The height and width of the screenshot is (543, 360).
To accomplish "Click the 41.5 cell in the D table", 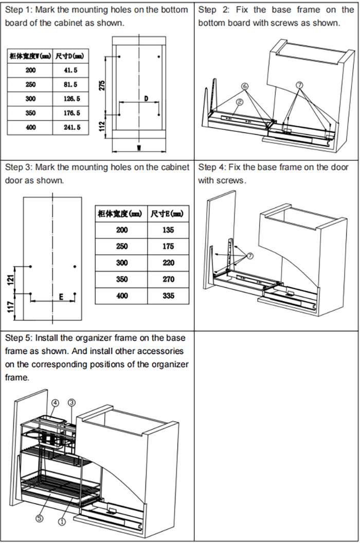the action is (70, 71).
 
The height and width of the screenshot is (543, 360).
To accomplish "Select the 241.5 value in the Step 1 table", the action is (72, 128).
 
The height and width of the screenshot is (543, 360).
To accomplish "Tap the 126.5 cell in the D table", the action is (71, 99).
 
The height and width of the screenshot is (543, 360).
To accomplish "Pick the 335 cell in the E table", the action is (168, 296).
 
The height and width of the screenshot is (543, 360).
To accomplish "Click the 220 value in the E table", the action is (168, 263).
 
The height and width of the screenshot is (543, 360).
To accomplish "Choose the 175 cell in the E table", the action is (168, 246).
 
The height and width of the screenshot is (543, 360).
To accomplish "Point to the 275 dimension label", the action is (102, 85).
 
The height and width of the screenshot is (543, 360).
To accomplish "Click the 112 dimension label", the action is (102, 126).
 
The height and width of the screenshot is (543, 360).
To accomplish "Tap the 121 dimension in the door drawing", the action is (11, 279).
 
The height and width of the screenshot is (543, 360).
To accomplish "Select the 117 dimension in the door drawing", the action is (11, 307).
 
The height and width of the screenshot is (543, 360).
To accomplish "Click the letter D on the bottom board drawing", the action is (146, 99).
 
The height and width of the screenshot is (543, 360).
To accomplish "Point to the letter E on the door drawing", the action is (61, 297).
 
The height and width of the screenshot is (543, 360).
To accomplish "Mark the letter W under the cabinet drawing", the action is (139, 148).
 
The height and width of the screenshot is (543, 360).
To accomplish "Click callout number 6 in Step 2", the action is (245, 85).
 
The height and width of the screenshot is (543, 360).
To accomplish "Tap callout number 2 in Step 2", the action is (240, 102).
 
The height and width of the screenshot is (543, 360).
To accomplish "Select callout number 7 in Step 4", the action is (249, 256).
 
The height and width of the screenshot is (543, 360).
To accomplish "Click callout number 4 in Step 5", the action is (55, 403).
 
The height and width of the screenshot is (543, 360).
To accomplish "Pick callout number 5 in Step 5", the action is (40, 518).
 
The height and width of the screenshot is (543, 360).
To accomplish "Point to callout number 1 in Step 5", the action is (62, 521).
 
